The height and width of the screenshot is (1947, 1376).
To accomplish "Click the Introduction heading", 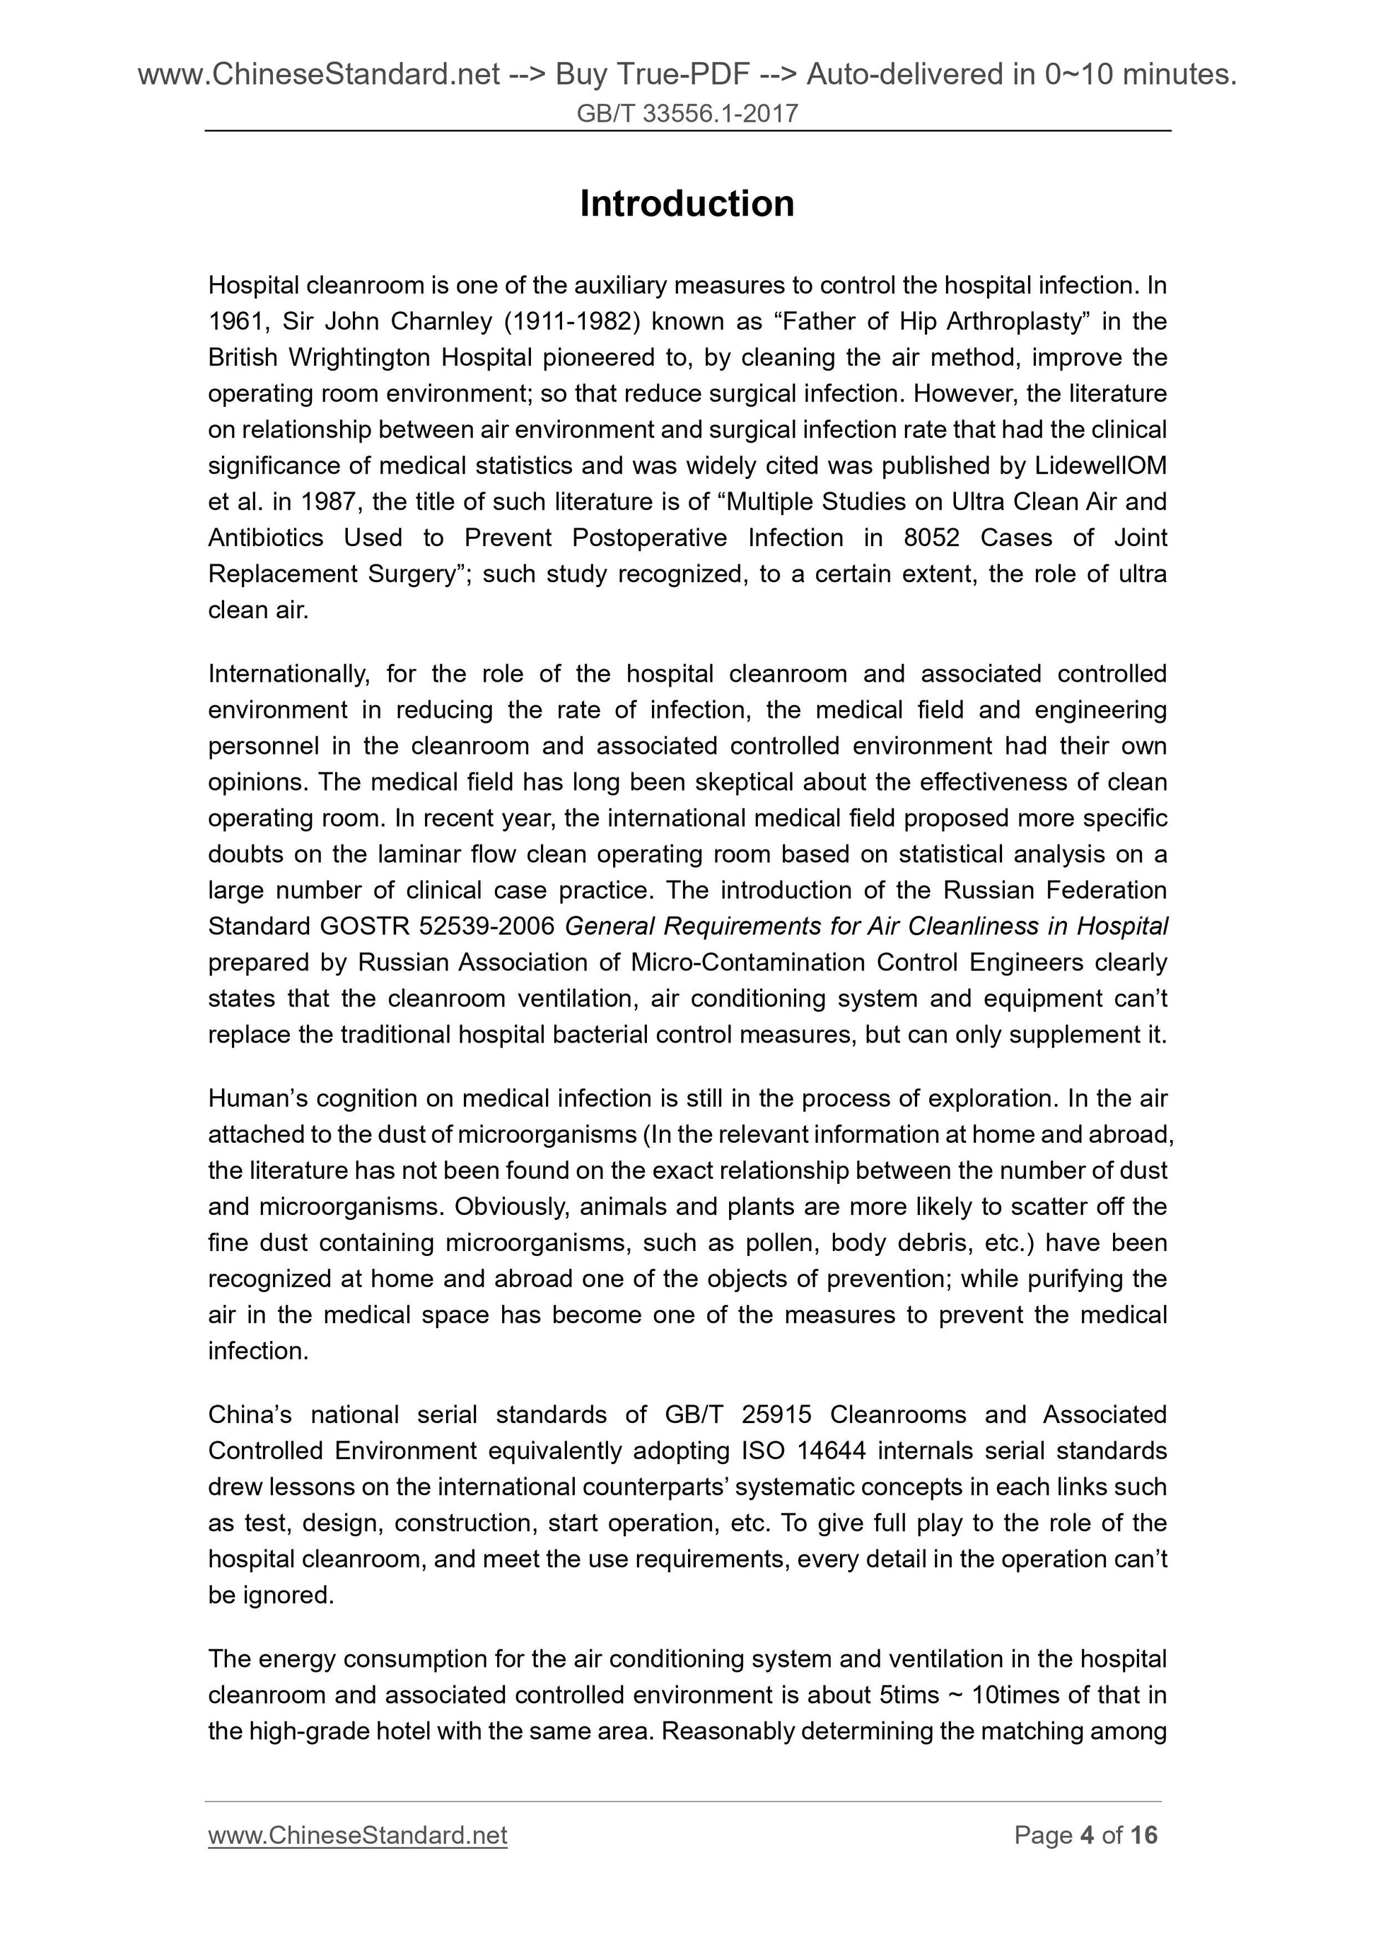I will coord(687,204).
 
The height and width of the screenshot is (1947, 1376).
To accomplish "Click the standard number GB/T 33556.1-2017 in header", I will coord(687,114).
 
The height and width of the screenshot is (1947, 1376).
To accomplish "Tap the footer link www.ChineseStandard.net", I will coord(357,1835).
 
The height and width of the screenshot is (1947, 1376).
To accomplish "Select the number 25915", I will coord(776,1415).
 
